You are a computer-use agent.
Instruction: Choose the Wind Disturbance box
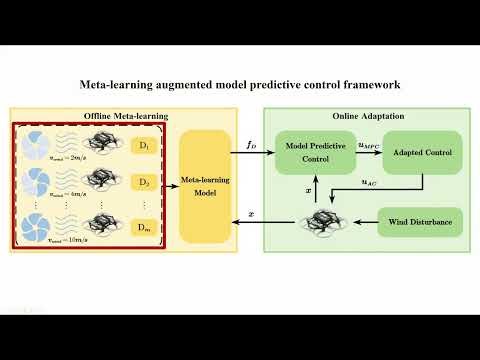(419, 222)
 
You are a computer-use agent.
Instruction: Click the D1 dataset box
(145, 147)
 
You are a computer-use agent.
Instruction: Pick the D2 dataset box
(145, 183)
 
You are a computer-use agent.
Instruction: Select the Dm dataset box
(145, 227)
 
